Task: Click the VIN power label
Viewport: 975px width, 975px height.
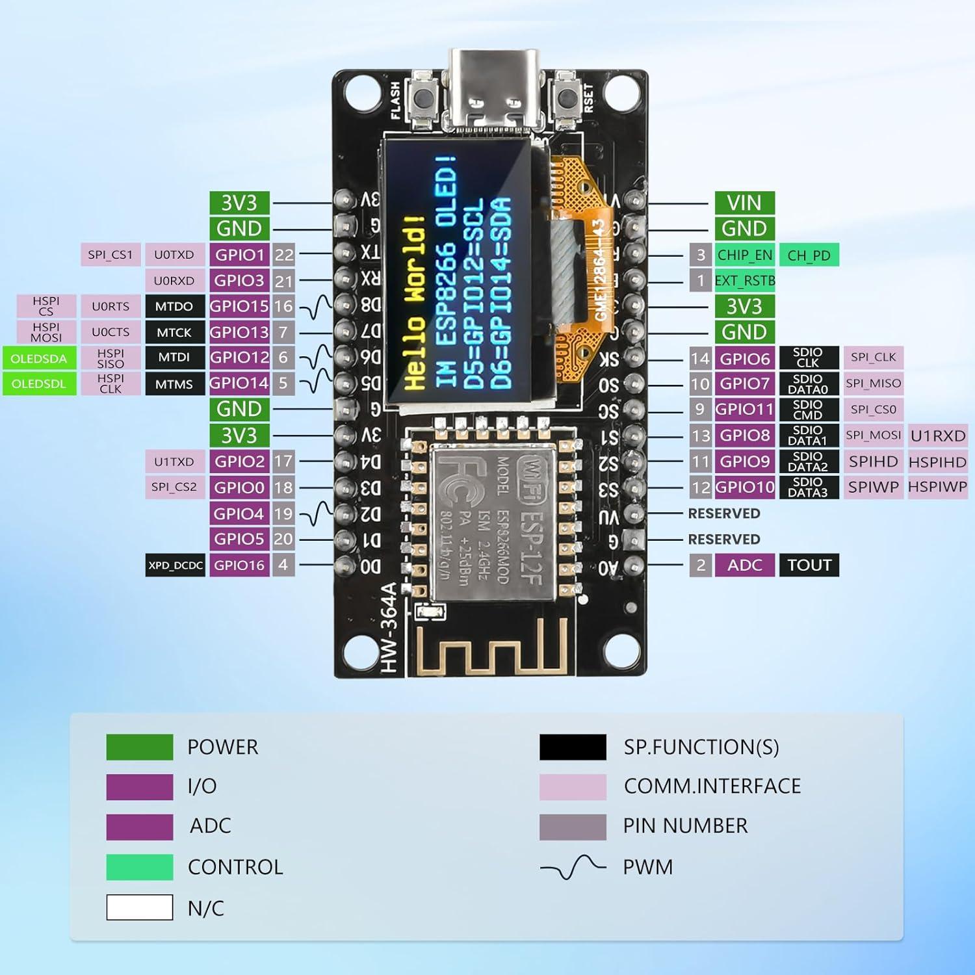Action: [x=744, y=203]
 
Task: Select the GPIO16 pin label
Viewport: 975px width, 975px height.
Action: [x=239, y=565]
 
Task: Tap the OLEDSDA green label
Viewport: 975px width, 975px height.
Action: [x=39, y=358]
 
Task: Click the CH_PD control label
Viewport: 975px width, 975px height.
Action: [x=809, y=255]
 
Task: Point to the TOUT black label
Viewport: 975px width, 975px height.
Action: [x=809, y=565]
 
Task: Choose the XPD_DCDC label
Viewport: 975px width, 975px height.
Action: [x=175, y=565]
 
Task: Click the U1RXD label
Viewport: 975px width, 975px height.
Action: [x=937, y=435]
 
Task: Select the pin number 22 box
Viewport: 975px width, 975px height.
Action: [x=283, y=255]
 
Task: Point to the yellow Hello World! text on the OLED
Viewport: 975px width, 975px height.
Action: [x=415, y=302]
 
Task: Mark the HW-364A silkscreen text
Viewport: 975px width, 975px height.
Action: [x=388, y=627]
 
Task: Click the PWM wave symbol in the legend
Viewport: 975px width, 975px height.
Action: [x=573, y=867]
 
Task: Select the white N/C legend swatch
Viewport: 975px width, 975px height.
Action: [x=140, y=907]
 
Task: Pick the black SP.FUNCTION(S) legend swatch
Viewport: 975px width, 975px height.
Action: [x=573, y=747]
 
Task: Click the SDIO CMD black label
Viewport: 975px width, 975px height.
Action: [x=808, y=409]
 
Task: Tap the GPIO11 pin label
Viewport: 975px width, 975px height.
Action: [x=744, y=409]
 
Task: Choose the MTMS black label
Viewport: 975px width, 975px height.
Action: [x=174, y=384]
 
